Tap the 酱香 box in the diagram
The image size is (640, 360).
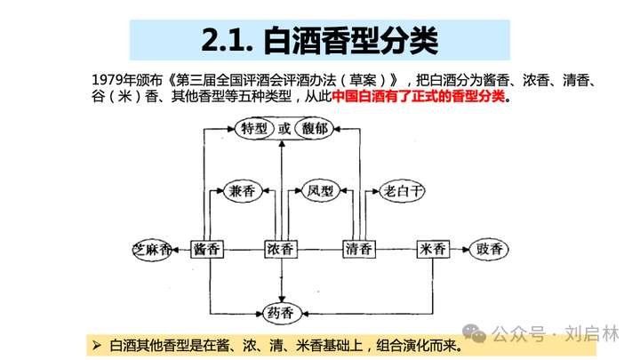(207, 249)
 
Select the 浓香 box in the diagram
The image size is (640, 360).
(281, 249)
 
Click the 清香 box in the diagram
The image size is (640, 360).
(361, 249)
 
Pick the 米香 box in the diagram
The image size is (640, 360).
(436, 249)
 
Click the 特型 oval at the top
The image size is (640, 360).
(255, 129)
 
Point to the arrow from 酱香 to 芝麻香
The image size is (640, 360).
(181, 249)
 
